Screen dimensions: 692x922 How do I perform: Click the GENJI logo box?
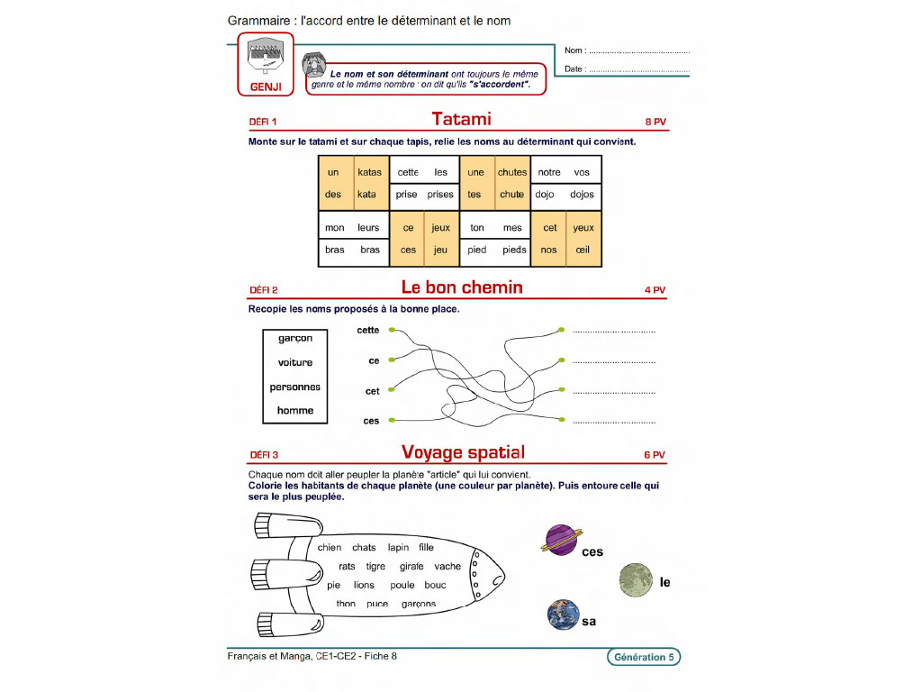coord(266,64)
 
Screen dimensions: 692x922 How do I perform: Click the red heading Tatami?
coord(461,119)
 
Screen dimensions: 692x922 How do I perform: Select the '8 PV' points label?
coord(655,122)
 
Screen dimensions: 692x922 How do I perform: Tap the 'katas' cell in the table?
coord(369,172)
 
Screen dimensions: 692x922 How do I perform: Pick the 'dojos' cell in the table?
coord(582,195)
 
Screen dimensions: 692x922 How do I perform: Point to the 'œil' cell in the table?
coord(583,250)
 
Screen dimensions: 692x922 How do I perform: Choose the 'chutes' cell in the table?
coord(512,172)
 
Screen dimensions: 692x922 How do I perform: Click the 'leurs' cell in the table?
coord(368,228)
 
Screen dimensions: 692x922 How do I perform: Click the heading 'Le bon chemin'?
coord(461,287)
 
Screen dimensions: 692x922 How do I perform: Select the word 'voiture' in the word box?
coord(295,362)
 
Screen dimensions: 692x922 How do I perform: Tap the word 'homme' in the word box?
coord(295,410)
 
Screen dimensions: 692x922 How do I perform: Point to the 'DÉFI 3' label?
coord(263,455)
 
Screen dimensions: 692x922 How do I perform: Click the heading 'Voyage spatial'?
coord(463,451)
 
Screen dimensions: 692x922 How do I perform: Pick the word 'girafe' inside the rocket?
coord(411,567)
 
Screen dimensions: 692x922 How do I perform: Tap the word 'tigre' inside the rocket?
coord(375,567)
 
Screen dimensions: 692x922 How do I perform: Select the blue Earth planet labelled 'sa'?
coord(563,615)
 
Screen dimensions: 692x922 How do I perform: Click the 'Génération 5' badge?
coord(643,657)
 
